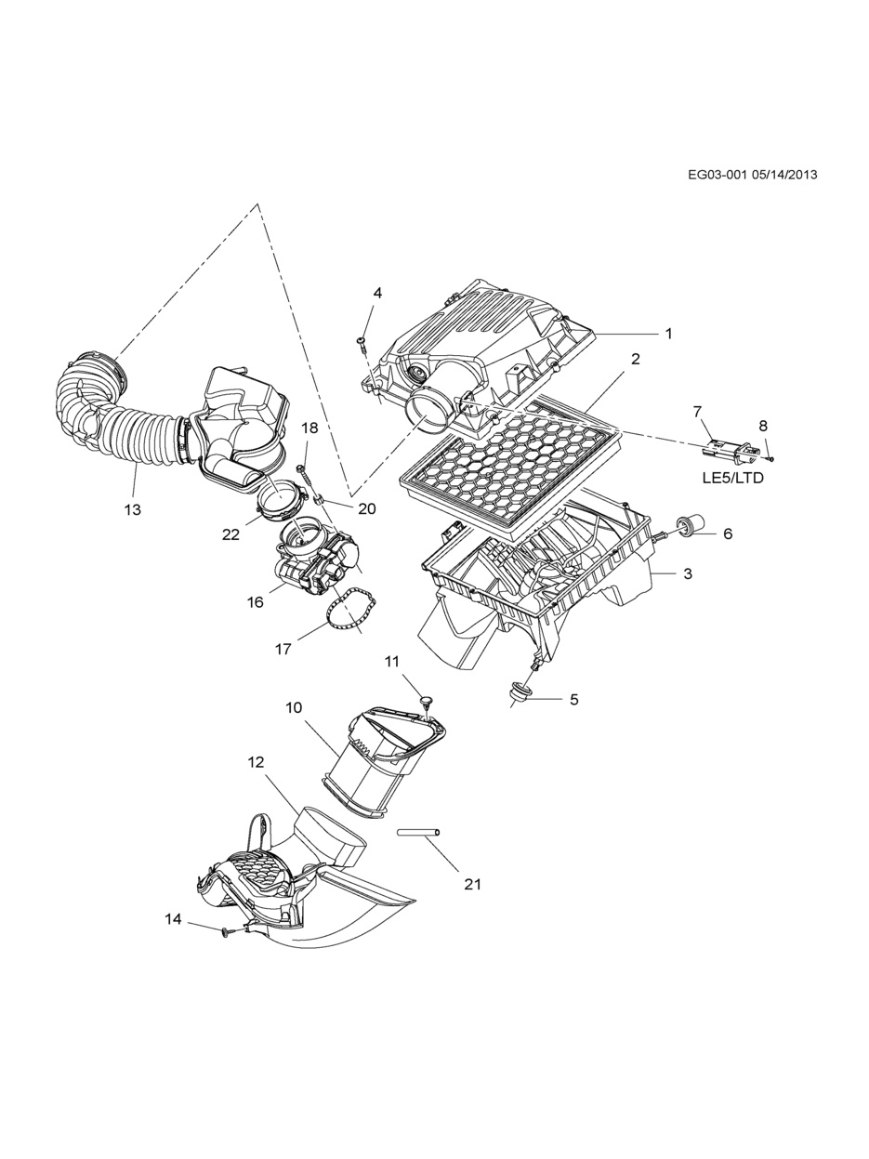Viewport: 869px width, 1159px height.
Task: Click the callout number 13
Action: (132, 509)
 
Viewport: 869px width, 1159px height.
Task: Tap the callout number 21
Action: (473, 884)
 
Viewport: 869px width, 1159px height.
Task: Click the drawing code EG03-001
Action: (718, 174)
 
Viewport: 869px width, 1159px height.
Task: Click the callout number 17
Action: (283, 649)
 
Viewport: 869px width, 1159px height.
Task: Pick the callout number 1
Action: (667, 333)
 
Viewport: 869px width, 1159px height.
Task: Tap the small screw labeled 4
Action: (361, 343)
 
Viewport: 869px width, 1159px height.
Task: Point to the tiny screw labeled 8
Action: (770, 457)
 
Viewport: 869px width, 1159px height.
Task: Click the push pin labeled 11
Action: (425, 699)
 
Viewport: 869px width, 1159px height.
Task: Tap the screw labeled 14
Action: (226, 929)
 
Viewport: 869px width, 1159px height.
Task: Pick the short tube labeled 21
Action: (418, 833)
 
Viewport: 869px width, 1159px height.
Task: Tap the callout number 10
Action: (294, 707)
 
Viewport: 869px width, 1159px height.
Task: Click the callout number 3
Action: (688, 573)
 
